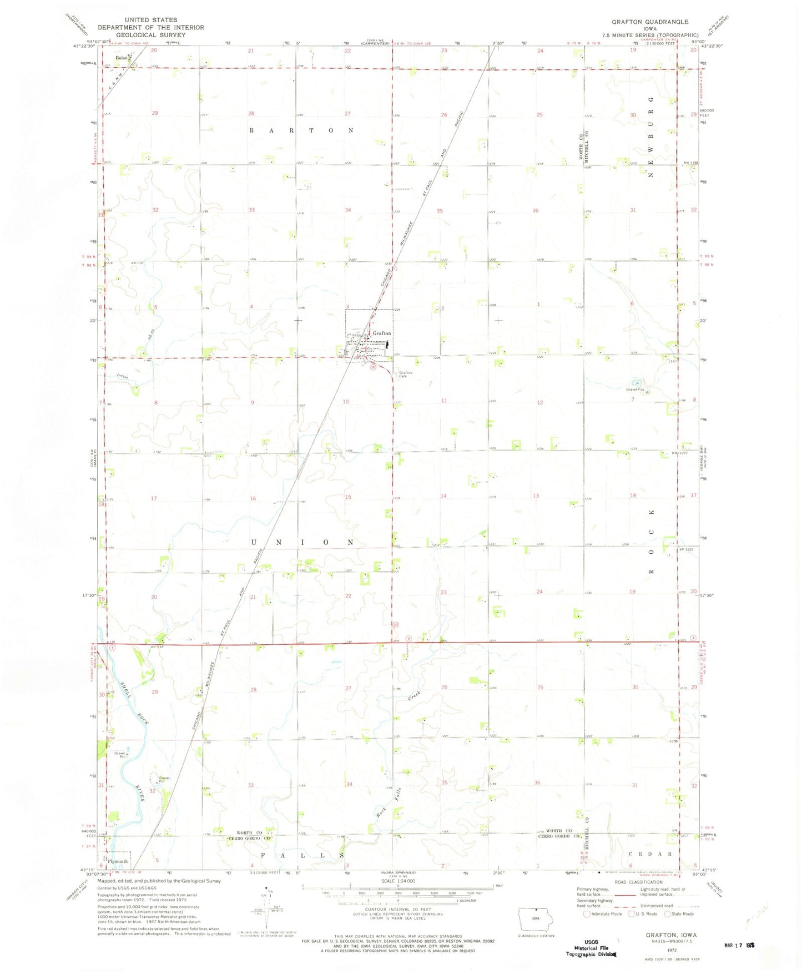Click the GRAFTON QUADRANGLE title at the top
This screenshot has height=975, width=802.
point(650,22)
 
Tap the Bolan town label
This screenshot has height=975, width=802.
point(120,57)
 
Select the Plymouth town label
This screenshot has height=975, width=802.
point(118,861)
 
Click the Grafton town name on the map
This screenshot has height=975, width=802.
point(382,333)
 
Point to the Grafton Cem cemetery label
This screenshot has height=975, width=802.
point(405,375)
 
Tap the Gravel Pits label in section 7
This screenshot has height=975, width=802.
point(634,390)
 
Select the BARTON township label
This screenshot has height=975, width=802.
point(301,130)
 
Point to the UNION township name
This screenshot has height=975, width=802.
point(302,542)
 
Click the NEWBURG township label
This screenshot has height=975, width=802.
point(650,137)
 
